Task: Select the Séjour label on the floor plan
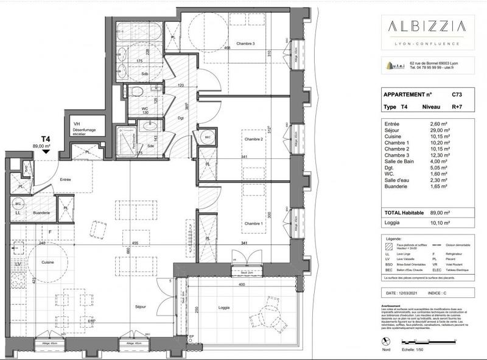coord(141,307)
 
